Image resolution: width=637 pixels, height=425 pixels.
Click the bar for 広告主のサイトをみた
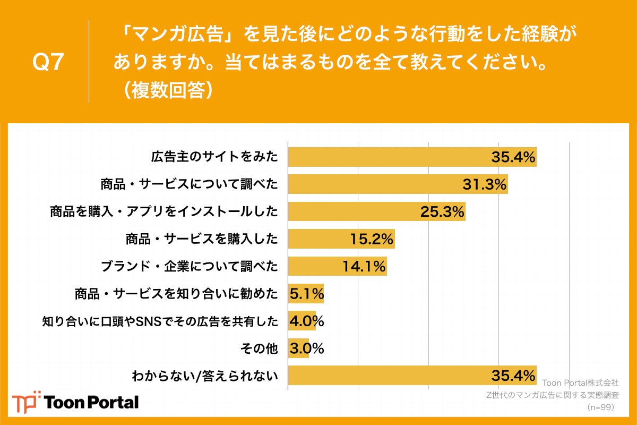click(x=411, y=157)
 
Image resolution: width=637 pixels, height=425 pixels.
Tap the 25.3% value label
click(x=442, y=212)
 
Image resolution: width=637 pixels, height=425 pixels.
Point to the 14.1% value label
click(x=363, y=267)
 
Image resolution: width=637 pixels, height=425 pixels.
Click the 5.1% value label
click(x=306, y=294)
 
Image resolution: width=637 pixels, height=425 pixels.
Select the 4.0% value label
click(x=306, y=321)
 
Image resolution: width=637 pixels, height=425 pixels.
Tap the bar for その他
click(x=298, y=348)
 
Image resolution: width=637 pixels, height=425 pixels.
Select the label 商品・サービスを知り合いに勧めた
click(x=176, y=294)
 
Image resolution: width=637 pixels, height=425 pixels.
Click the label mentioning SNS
click(x=160, y=321)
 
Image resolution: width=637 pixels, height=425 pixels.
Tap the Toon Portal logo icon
click(x=26, y=402)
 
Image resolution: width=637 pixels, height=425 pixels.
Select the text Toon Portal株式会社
click(x=580, y=382)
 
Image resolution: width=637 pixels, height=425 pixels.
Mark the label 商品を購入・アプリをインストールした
click(x=164, y=212)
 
